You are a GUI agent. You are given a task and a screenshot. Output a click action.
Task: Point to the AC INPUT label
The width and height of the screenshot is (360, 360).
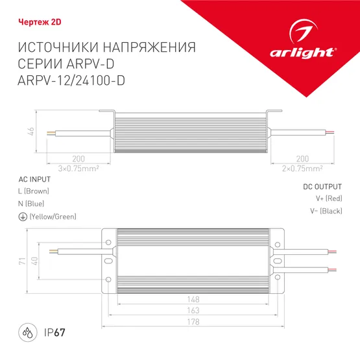click(x=31, y=178)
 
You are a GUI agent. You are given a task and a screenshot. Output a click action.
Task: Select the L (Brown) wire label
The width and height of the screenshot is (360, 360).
click(x=34, y=191)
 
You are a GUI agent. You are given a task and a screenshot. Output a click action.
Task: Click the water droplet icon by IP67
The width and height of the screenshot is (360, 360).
click(x=28, y=333)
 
